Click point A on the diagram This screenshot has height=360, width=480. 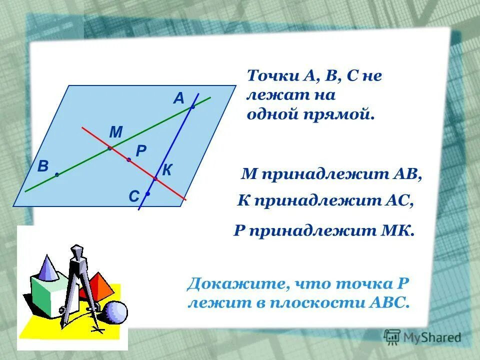pos(192,106)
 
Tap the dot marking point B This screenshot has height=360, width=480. pos(57,174)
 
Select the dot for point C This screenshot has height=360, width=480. pos(148,193)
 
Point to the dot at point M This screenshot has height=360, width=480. pos(109,148)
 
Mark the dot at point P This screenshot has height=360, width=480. pos(128,159)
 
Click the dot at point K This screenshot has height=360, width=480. pos(155,178)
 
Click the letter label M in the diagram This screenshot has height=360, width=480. pos(115,132)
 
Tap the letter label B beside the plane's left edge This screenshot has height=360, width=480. pos(42,167)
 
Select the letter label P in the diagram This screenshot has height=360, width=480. pos(140,150)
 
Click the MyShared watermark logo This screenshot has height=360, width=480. pos(422,337)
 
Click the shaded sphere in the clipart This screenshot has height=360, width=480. pos(116,312)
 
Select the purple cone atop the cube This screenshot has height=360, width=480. pos(48,267)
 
